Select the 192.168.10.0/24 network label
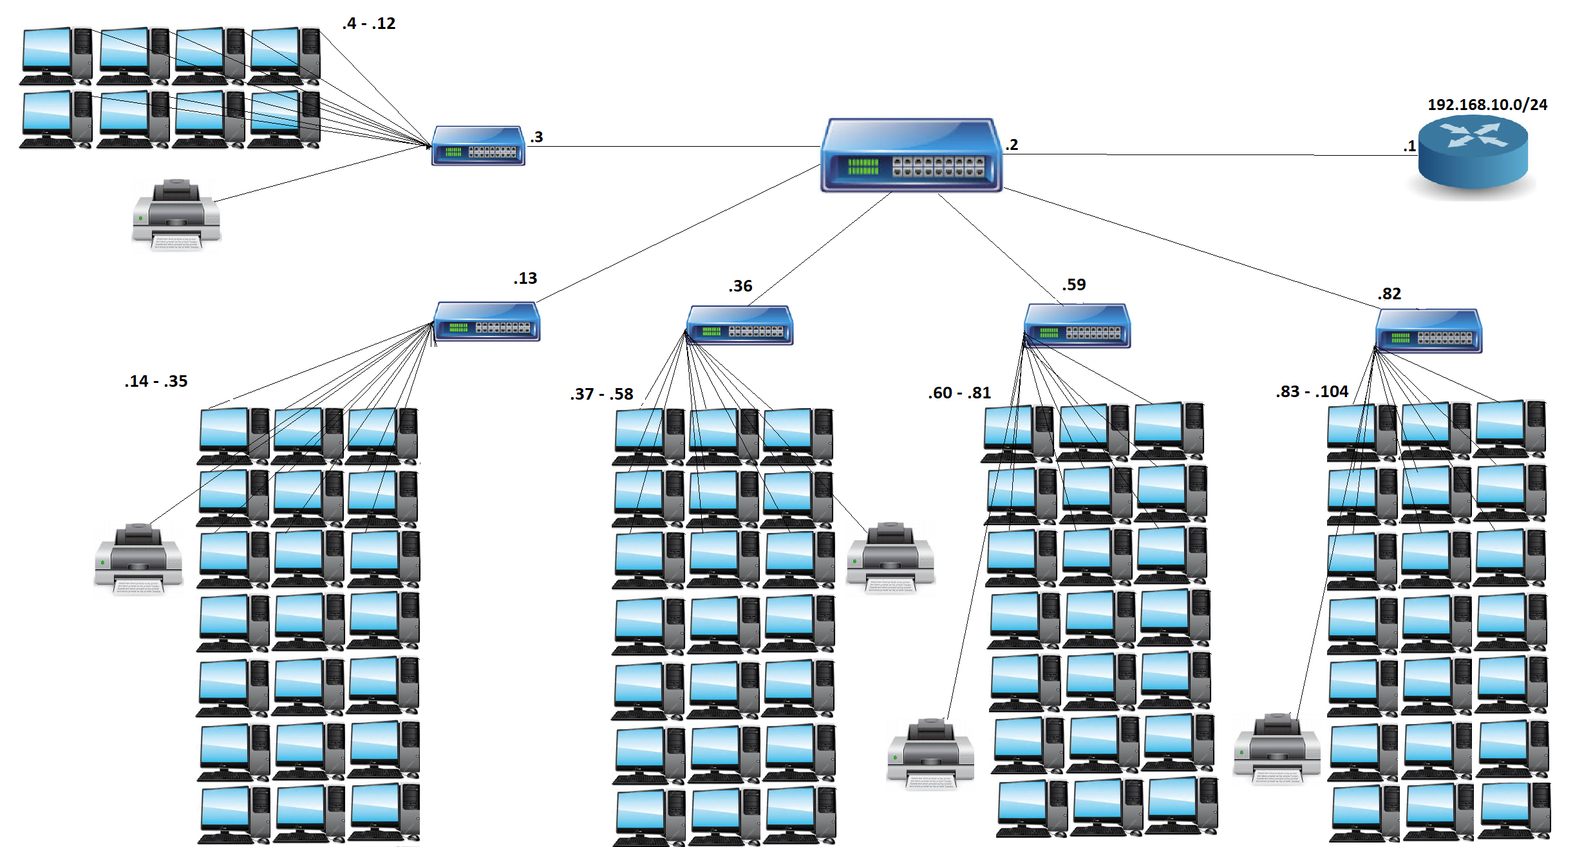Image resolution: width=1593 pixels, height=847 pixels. tap(1487, 105)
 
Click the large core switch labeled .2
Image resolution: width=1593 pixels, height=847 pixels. tap(910, 156)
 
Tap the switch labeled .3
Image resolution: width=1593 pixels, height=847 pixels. tap(478, 146)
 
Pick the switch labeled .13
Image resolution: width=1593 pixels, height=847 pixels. tap(487, 322)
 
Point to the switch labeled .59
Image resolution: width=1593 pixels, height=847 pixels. tap(1077, 326)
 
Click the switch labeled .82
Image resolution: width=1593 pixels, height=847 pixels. tap(1429, 331)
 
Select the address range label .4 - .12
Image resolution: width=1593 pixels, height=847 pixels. tap(369, 24)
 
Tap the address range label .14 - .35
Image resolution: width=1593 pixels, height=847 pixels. tap(156, 382)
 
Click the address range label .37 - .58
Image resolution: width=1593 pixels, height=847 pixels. tap(601, 395)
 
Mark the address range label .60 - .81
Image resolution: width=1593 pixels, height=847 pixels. tap(959, 393)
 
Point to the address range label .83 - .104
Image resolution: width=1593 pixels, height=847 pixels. tap(1312, 392)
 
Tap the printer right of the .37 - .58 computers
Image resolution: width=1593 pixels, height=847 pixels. tap(891, 557)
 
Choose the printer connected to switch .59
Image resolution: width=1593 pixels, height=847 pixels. tap(930, 753)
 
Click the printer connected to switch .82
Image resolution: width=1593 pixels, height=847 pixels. tap(1277, 748)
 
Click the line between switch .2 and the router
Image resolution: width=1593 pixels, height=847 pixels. tap(1211, 155)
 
